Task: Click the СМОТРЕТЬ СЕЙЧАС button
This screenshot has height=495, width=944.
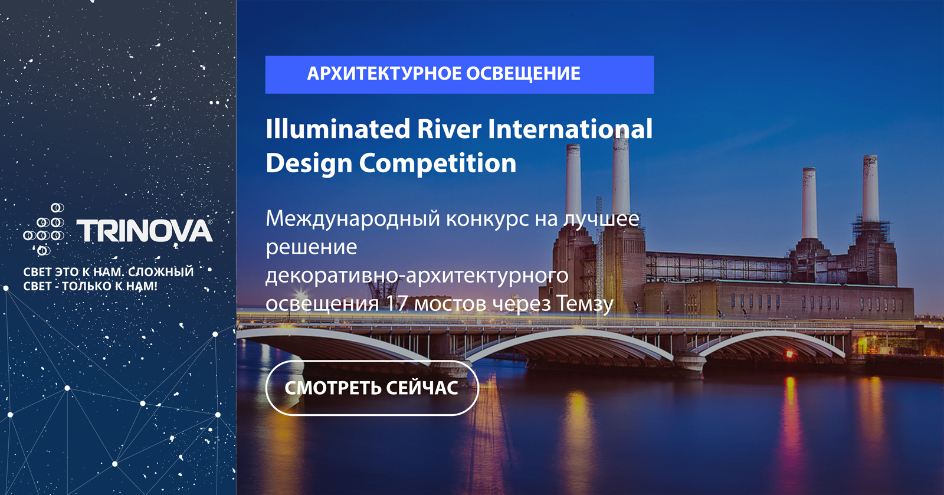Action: (372, 388)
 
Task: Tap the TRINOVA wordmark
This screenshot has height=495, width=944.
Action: (145, 231)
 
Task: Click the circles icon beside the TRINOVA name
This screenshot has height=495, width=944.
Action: (44, 230)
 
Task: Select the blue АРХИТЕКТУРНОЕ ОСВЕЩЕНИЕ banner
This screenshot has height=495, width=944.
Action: (460, 74)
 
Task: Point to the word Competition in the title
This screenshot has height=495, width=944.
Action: (437, 164)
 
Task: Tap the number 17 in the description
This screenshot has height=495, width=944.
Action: (396, 303)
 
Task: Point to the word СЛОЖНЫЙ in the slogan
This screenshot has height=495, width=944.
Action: (160, 272)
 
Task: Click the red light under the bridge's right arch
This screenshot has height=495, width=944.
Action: (789, 355)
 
